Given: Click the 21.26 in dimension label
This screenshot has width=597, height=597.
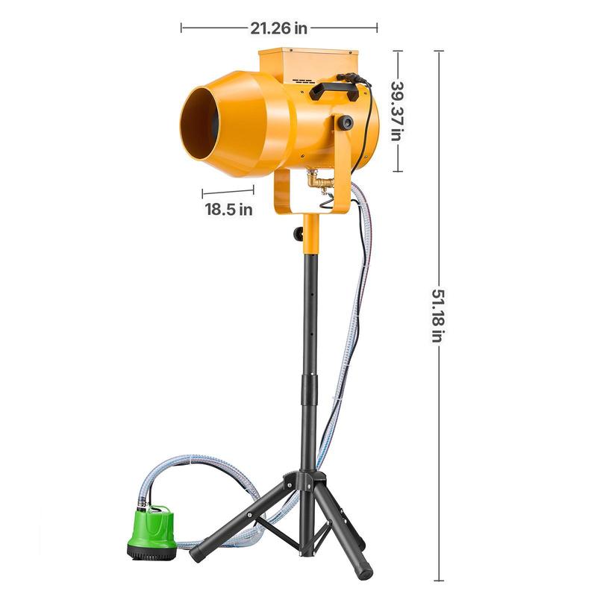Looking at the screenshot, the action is click(x=278, y=28).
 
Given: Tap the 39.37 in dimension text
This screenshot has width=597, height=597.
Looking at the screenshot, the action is click(x=397, y=111).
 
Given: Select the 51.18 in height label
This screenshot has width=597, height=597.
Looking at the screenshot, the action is click(x=438, y=316).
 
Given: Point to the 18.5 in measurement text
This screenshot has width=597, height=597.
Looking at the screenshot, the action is click(x=228, y=210).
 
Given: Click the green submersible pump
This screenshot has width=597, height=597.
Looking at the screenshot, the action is click(x=152, y=532).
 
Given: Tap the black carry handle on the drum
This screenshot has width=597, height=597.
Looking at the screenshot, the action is click(x=334, y=90).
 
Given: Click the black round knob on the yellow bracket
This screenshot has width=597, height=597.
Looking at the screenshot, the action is click(x=346, y=122).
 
